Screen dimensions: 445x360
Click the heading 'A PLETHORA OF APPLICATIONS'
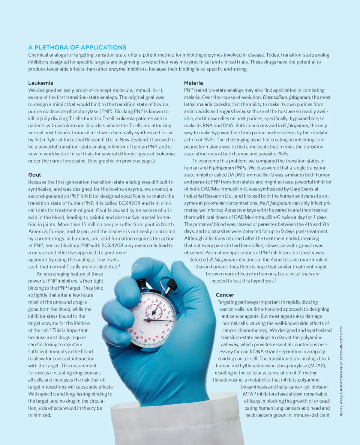[x=77, y=48]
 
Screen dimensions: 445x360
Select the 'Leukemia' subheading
[x=41, y=83]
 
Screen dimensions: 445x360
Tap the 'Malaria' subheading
[x=193, y=83]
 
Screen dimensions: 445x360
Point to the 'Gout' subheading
[x=35, y=175]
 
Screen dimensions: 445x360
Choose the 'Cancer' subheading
[x=225, y=295]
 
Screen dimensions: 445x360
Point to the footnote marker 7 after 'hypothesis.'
[x=276, y=280]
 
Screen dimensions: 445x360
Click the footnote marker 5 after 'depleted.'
[x=119, y=265]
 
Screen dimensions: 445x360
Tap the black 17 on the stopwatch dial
[x=131, y=332]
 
